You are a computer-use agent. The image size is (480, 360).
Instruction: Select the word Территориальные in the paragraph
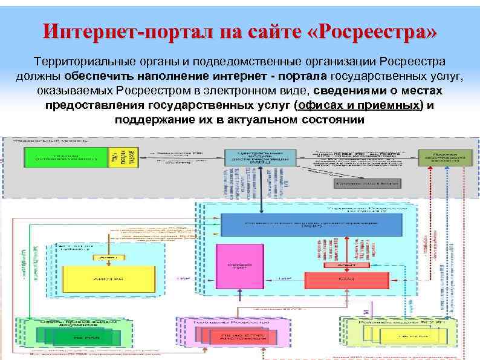[x=80, y=62]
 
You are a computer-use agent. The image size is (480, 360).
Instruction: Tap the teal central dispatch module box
[x=256, y=157]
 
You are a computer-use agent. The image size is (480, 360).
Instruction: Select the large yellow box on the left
[x=100, y=278]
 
